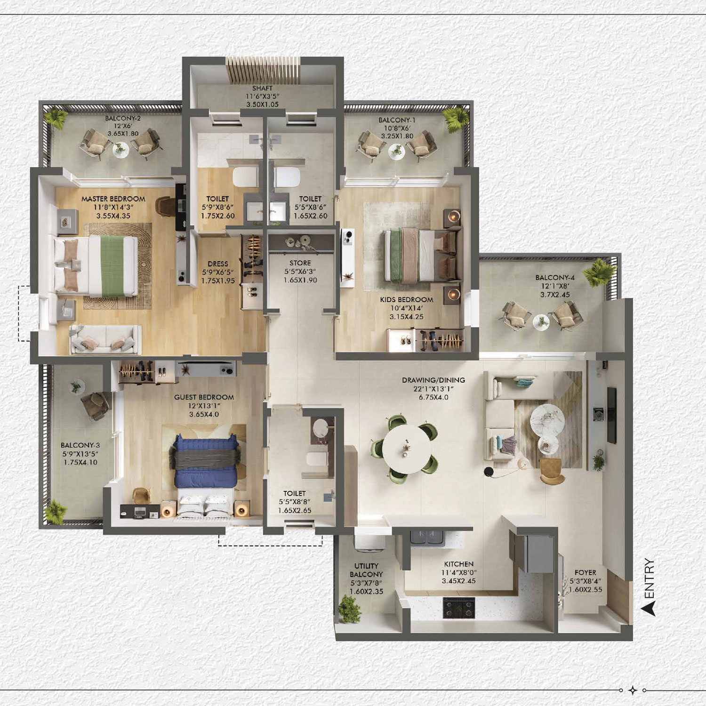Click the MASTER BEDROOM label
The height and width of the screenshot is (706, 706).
pos(113,199)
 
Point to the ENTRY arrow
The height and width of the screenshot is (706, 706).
pos(649,608)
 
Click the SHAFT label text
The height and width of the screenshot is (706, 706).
pos(262,88)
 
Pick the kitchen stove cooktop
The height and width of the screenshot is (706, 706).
pos(459,608)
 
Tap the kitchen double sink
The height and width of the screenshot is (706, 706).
pos(428,538)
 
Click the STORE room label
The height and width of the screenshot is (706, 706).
pos(300,263)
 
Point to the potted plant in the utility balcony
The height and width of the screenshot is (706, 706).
pos(349,608)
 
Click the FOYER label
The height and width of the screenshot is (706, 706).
pos(585,573)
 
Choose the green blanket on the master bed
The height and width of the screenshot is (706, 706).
pos(112,266)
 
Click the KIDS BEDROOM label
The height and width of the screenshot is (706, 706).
pos(406,299)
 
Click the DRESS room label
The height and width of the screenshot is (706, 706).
pos(217,264)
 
